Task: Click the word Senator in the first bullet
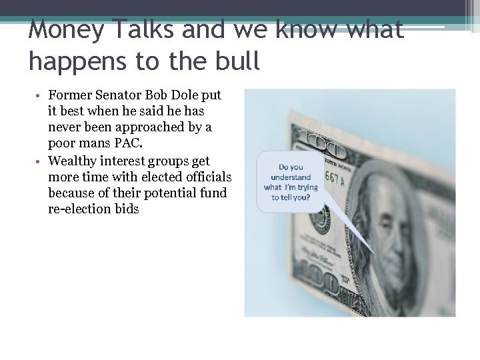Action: point(119,96)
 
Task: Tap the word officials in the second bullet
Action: point(207,177)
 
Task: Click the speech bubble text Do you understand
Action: point(291,172)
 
